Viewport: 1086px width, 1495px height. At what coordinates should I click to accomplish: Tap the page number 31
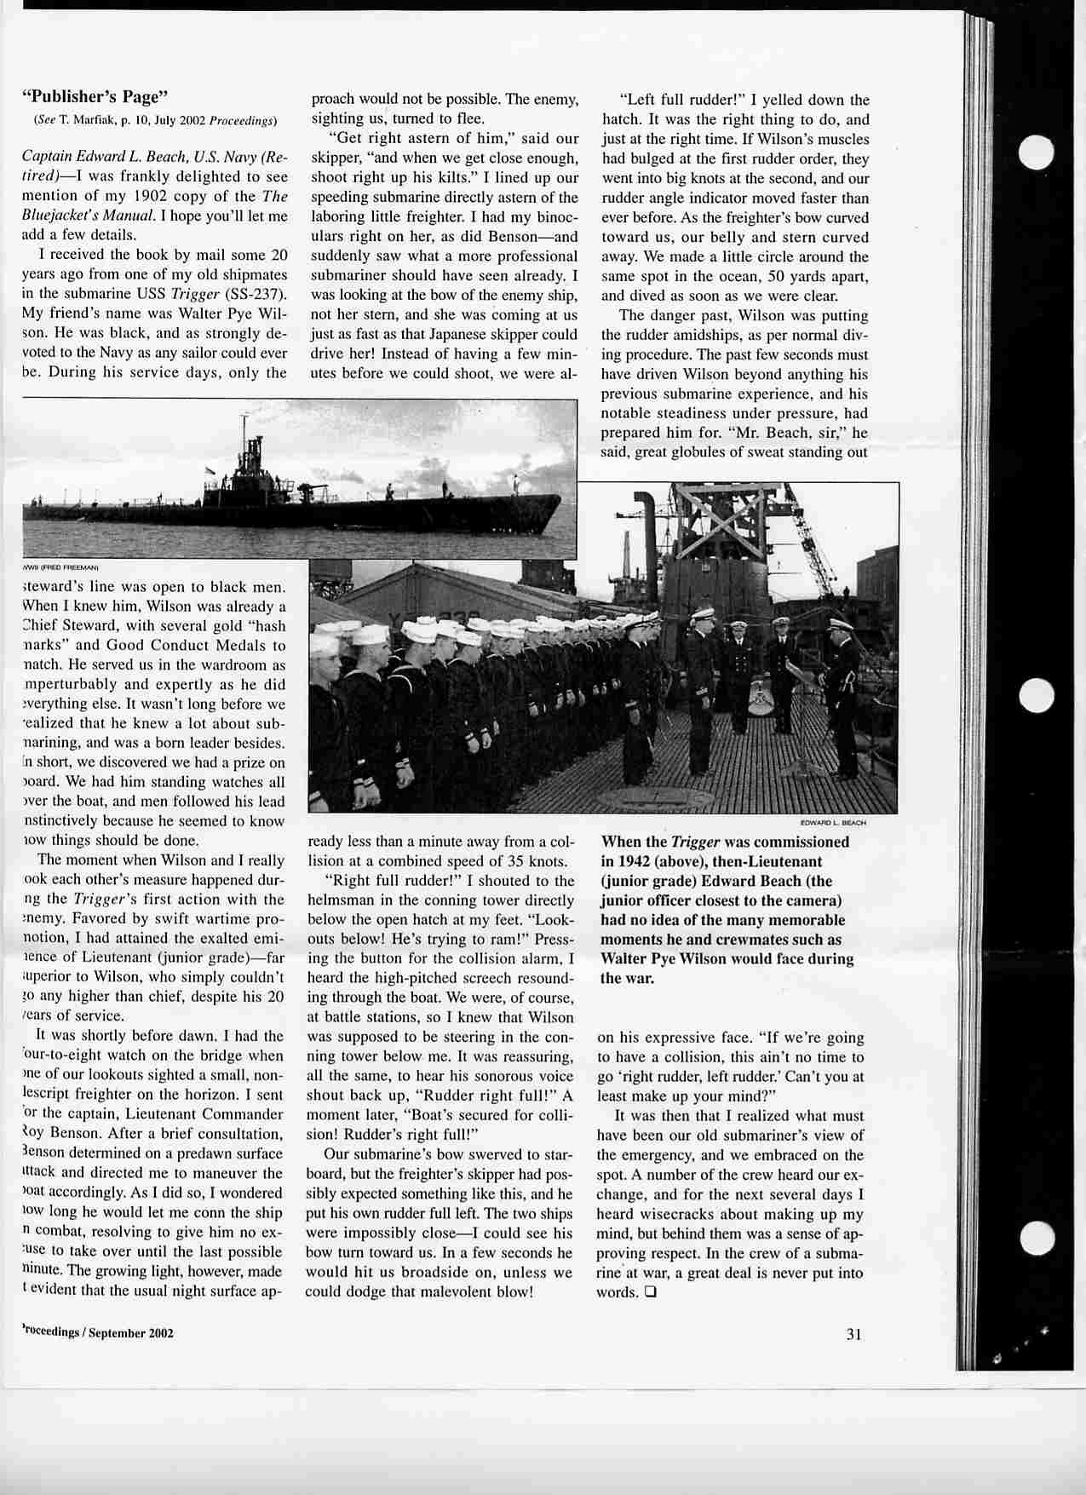[x=854, y=1334]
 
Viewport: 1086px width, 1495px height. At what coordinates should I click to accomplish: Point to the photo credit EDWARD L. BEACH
[x=833, y=823]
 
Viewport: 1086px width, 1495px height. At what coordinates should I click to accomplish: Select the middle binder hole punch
[x=1037, y=696]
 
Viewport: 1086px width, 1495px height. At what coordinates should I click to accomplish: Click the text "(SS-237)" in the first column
[x=259, y=295]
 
